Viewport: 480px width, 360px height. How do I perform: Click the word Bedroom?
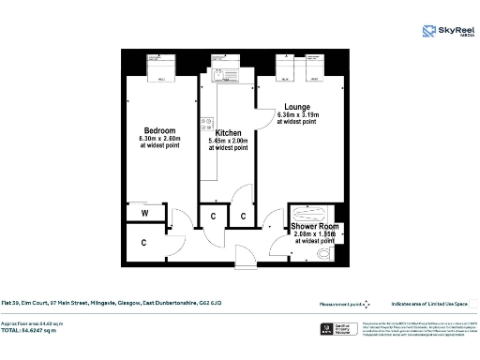tap(159, 130)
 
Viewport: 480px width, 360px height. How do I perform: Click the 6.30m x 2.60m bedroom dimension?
tap(160, 139)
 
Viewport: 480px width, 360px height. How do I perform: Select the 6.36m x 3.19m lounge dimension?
tap(296, 115)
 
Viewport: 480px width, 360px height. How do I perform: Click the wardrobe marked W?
tap(145, 214)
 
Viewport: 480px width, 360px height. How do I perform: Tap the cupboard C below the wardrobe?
tap(144, 243)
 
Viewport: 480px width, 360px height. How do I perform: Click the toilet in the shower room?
tap(325, 251)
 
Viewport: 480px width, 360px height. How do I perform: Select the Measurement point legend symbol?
tap(367, 303)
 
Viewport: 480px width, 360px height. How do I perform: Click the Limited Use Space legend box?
tap(473, 303)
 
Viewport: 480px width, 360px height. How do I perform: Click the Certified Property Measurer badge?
tap(322, 330)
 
